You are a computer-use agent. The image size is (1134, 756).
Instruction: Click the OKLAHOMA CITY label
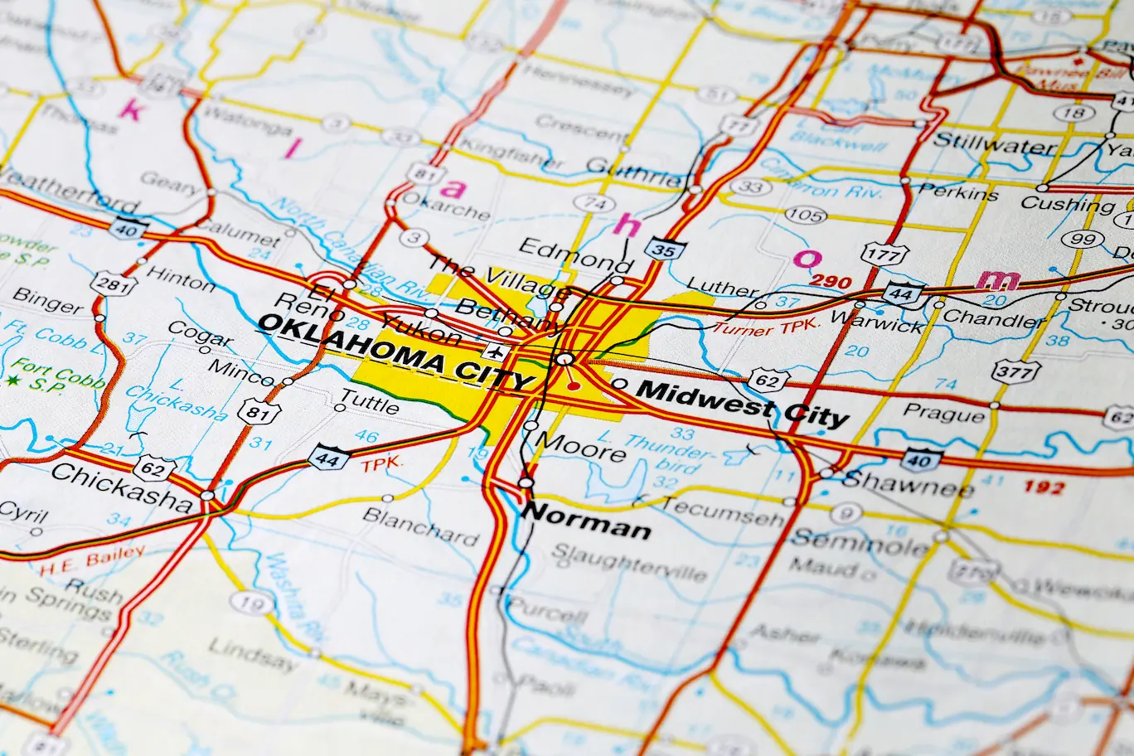pyautogui.click(x=395, y=350)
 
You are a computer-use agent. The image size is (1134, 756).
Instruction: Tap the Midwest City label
pyautogui.click(x=744, y=402)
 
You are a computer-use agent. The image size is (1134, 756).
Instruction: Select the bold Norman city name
pyautogui.click(x=586, y=521)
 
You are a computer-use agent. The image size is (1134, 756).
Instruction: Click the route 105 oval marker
pyautogui.click(x=805, y=216)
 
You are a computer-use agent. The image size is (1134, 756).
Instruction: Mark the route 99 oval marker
pyautogui.click(x=1083, y=240)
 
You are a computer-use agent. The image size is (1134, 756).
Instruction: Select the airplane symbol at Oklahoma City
pyautogui.click(x=497, y=351)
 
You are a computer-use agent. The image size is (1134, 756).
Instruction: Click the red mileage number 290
pyautogui.click(x=830, y=282)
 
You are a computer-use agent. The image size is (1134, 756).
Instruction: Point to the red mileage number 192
pyautogui.click(x=1043, y=487)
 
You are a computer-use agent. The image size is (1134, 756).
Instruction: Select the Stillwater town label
pyautogui.click(x=994, y=143)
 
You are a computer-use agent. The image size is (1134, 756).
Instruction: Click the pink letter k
pyautogui.click(x=130, y=109)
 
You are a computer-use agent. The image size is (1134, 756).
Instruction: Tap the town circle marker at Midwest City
pyautogui.click(x=620, y=384)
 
